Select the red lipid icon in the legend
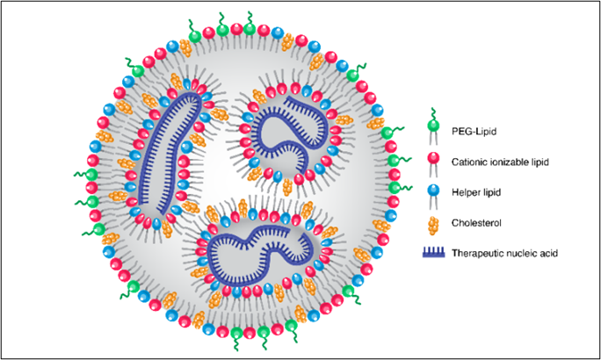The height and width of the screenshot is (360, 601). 433,158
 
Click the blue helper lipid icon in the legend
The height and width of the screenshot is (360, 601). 433,189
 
